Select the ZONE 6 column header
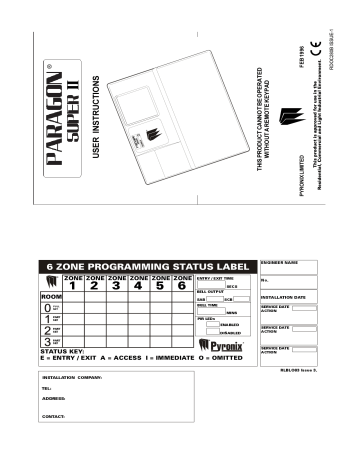point(180,282)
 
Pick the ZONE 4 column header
point(138,282)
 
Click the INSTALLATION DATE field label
point(283,298)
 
